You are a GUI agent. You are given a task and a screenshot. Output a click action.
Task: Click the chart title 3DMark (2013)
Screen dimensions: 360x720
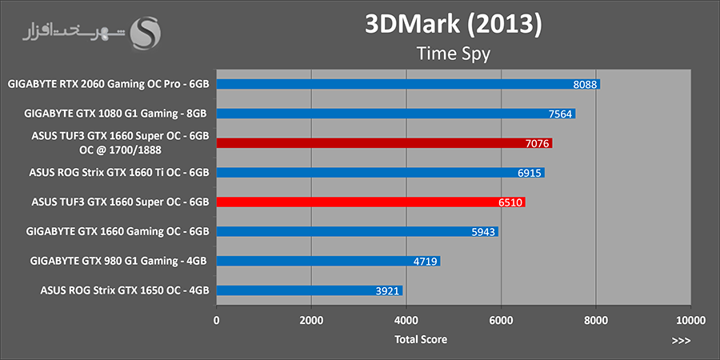[x=453, y=25]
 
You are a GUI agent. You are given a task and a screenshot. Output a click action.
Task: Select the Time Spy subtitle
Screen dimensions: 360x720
[x=453, y=54]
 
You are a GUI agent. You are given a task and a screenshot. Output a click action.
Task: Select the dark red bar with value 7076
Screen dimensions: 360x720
[x=384, y=142]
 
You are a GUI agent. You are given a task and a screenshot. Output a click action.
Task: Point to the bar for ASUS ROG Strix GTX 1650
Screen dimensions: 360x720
[x=309, y=290]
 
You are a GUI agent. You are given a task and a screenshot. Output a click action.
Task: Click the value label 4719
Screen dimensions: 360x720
[x=425, y=262]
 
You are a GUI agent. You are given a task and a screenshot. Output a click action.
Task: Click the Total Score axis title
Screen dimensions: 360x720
[x=421, y=339]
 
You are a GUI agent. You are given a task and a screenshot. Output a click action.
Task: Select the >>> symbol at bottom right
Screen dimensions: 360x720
[x=681, y=340]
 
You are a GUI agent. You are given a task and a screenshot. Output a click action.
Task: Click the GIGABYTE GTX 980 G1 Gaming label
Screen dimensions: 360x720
[x=119, y=261]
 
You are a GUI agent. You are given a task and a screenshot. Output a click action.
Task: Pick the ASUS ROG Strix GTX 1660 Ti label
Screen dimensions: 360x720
[x=119, y=172]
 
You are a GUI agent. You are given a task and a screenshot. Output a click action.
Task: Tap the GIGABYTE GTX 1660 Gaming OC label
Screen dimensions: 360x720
[x=119, y=231]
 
